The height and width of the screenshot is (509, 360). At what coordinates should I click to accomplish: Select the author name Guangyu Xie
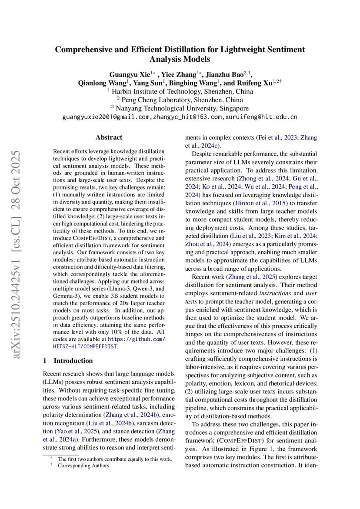129,74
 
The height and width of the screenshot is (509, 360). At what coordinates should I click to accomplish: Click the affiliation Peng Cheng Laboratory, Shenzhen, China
180,100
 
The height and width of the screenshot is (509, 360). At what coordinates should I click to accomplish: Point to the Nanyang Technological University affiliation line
180,108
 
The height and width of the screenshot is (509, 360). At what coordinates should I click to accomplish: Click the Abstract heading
109,137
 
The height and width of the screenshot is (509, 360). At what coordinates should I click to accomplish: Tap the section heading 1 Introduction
68,361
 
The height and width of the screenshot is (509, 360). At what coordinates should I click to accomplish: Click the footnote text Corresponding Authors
83,466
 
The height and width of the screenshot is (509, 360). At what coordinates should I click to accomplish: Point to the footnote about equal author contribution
115,459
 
